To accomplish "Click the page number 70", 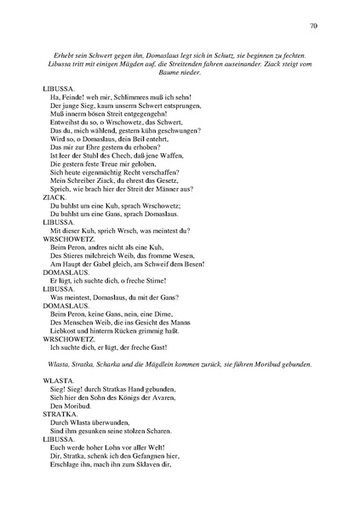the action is [313, 27].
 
